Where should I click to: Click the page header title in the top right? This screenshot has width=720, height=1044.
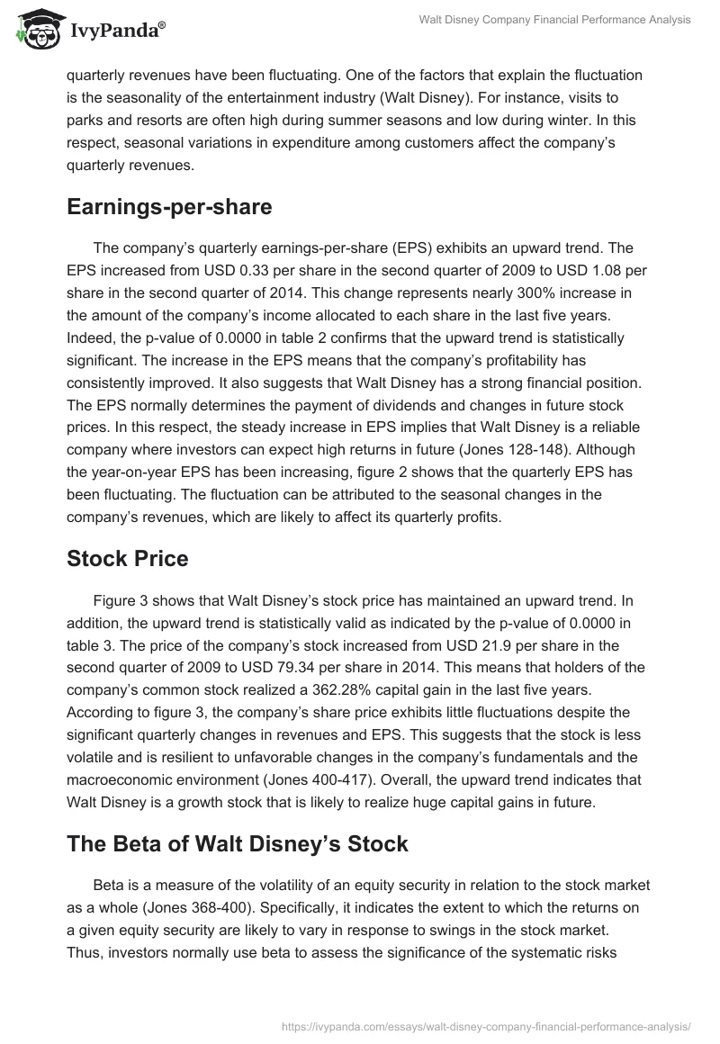click(555, 20)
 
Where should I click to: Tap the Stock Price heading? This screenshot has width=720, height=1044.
click(128, 559)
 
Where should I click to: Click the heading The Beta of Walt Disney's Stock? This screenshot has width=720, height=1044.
click(238, 844)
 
